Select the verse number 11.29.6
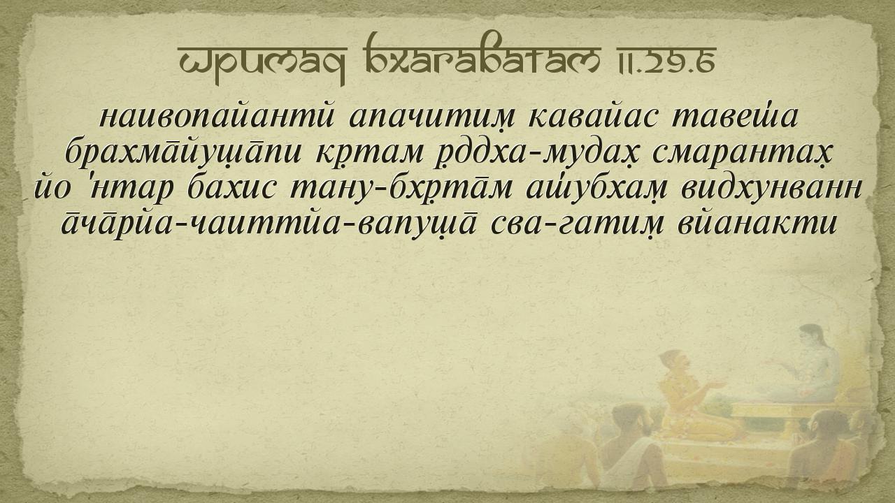click(x=667, y=60)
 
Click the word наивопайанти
click(x=216, y=116)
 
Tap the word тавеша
click(x=735, y=116)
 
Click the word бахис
click(x=231, y=189)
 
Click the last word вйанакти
click(x=757, y=223)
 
